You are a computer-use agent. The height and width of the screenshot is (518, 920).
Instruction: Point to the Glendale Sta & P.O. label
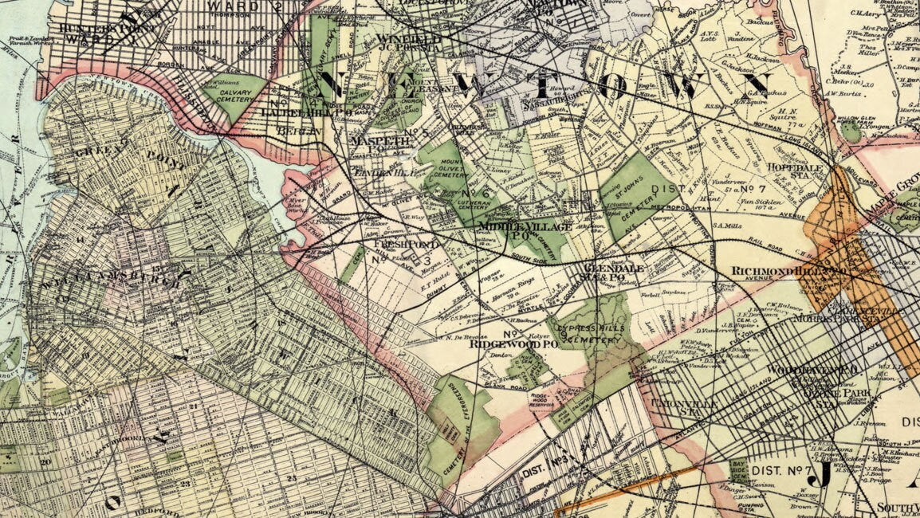point(613,273)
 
